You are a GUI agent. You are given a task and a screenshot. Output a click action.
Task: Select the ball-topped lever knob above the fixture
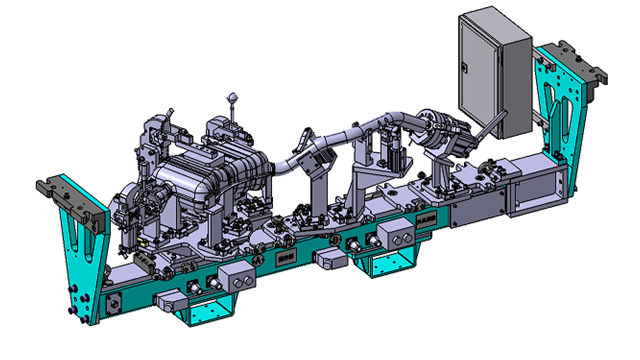234,97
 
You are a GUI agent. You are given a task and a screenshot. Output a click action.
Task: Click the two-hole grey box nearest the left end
237,277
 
